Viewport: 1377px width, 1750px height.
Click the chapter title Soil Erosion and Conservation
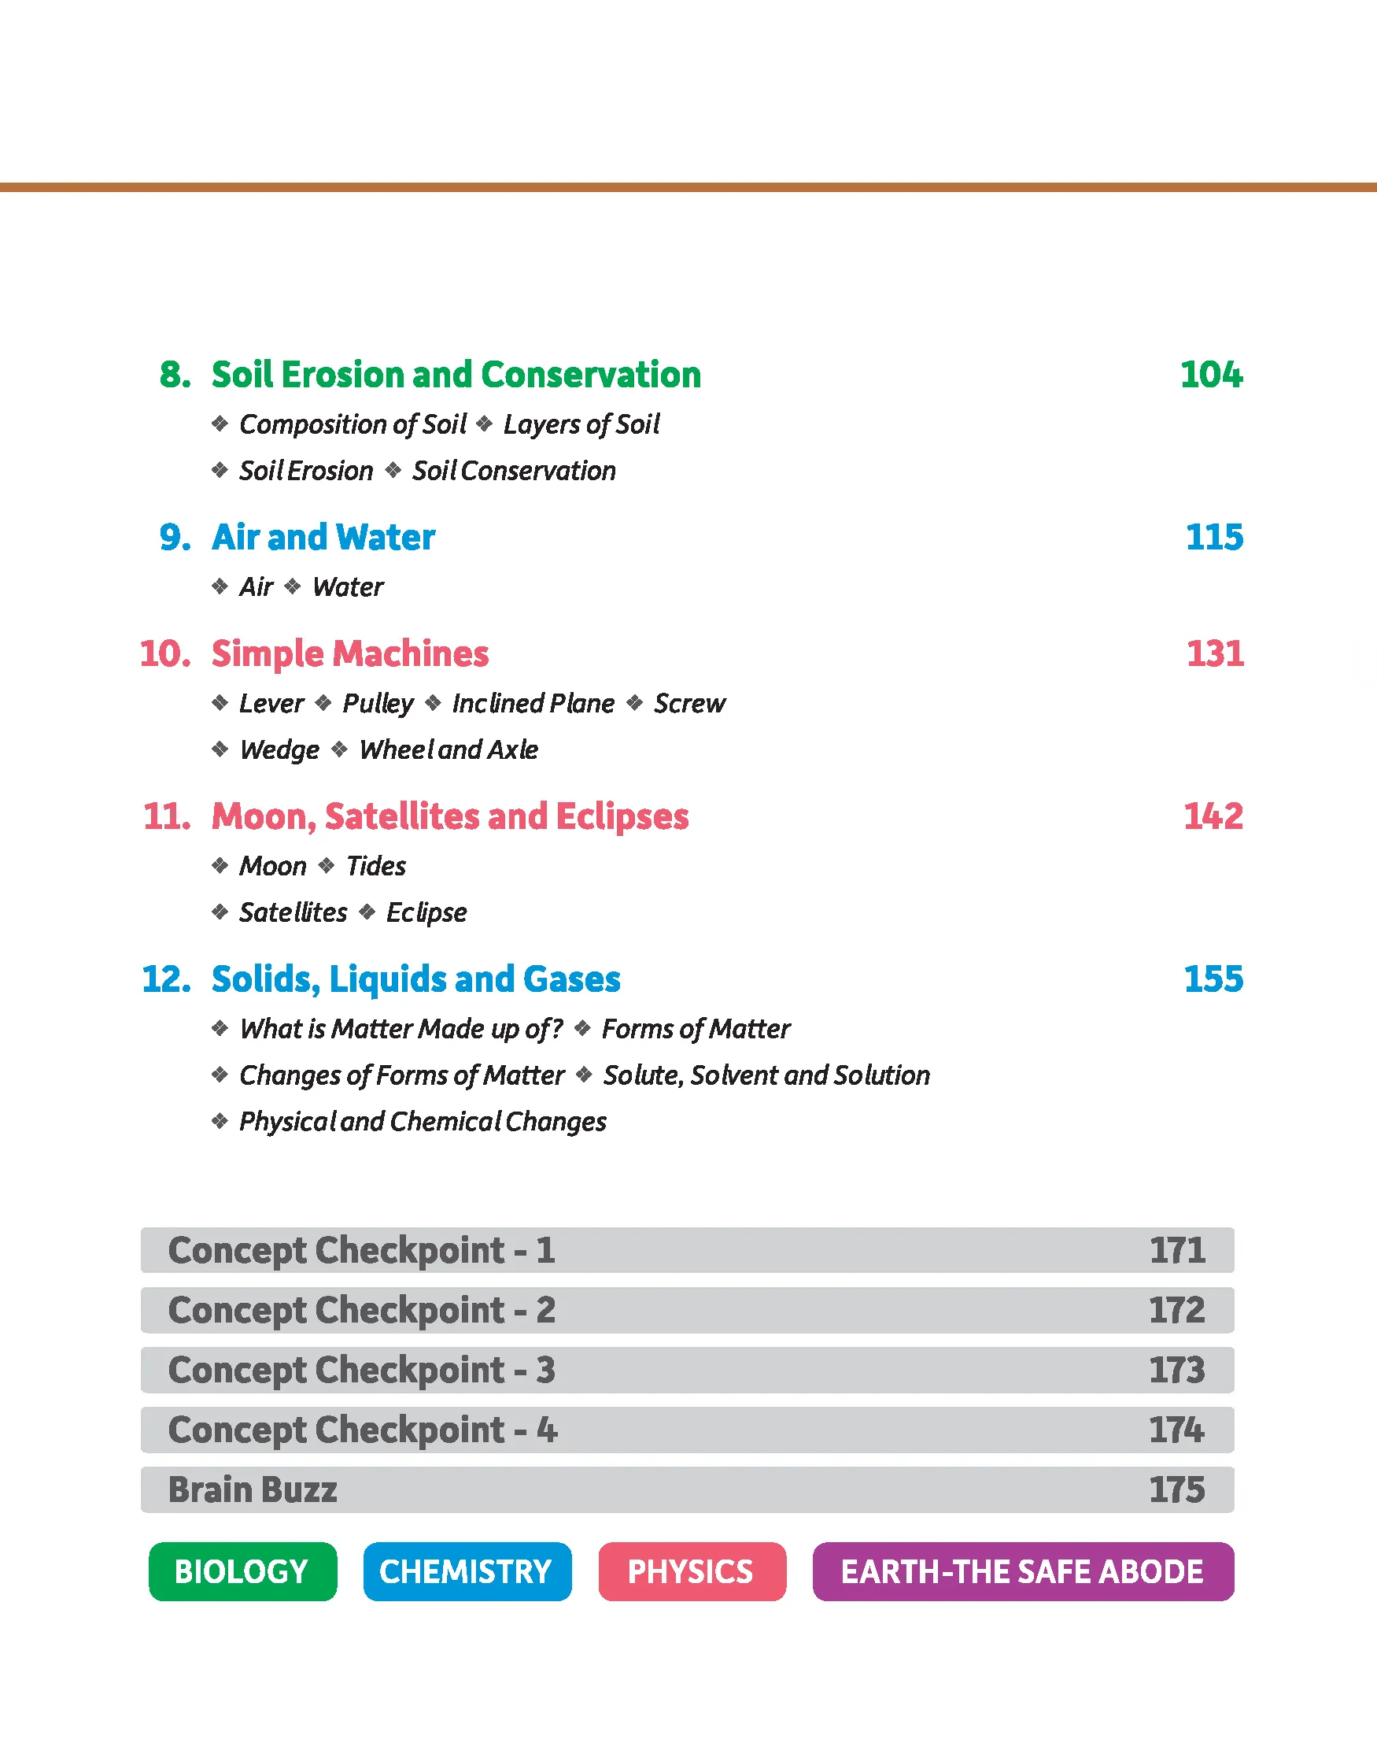(x=456, y=375)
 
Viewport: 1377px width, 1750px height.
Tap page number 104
(x=1211, y=375)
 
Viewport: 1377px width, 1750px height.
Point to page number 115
(x=1214, y=538)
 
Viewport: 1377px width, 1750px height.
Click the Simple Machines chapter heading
(x=350, y=654)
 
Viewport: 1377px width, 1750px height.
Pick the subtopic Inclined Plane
(x=533, y=703)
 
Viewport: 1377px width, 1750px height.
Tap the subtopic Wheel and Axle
(x=449, y=750)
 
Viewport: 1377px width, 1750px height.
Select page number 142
(x=1213, y=816)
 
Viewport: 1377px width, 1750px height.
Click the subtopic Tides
(x=375, y=866)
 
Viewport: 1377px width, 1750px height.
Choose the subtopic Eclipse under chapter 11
(x=426, y=913)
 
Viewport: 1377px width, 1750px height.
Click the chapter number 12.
(x=166, y=979)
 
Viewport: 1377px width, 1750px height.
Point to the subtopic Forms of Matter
(x=696, y=1029)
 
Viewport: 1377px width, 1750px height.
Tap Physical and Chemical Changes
(x=423, y=1122)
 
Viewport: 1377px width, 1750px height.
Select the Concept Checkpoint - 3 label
(x=361, y=1370)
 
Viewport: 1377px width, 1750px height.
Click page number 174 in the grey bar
(x=1176, y=1430)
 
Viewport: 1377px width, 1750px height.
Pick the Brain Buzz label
(x=253, y=1489)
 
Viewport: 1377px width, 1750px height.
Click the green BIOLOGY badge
(x=242, y=1572)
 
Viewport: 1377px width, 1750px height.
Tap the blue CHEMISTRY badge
(x=467, y=1572)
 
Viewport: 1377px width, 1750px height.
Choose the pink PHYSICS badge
(x=692, y=1572)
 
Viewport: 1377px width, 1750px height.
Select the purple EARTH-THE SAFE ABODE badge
(x=1022, y=1572)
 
